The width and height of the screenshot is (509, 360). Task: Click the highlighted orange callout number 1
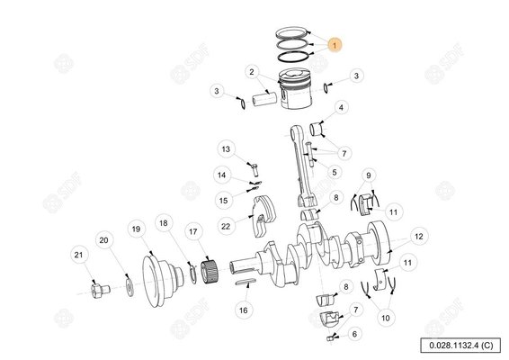click(335, 45)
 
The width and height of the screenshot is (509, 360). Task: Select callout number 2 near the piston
click(252, 72)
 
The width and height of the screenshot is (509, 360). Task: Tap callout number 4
click(341, 107)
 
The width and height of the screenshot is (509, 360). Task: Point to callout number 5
click(335, 172)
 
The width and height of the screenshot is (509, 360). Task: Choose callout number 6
click(354, 334)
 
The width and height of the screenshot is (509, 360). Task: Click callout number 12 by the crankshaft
click(419, 236)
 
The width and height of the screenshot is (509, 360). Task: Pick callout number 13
click(226, 149)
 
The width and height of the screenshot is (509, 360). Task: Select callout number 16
click(244, 310)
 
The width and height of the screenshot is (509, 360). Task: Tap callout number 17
click(192, 231)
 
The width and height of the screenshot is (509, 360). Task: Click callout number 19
click(136, 229)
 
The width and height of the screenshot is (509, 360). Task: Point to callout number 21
click(78, 255)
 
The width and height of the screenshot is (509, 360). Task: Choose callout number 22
click(226, 227)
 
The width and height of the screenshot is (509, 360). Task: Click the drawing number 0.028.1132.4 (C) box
click(460, 345)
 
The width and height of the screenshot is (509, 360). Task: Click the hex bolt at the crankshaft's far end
click(99, 291)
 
